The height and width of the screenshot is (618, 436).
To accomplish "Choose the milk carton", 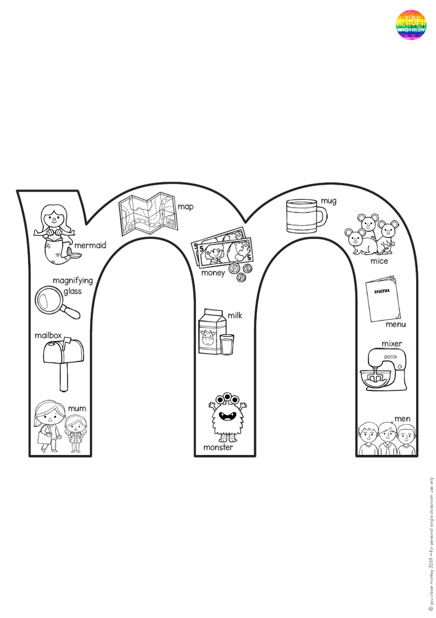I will pos(209,332).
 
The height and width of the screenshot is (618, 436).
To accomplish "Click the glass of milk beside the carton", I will pos(227,345).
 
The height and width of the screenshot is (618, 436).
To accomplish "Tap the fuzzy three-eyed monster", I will pos(227,417).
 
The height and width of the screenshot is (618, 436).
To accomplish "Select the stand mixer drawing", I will pos(382,371).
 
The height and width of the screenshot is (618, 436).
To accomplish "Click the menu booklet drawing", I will pos(383,298).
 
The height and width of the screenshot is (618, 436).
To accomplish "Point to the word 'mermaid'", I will pos(90,246).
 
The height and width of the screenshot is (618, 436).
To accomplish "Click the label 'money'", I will pos(213,273).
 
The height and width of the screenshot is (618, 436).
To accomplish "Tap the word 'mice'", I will pos(379,261).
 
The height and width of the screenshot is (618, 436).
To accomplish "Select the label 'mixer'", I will pos(391,344).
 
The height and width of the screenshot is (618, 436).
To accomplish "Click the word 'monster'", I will pos(218,448).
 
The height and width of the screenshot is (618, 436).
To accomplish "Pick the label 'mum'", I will pos(77,409).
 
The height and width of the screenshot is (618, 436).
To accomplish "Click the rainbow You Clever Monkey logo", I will pos(411,25).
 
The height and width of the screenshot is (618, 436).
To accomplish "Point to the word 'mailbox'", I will pos(48,336).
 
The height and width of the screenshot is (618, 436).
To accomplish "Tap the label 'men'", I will pos(402,419).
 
